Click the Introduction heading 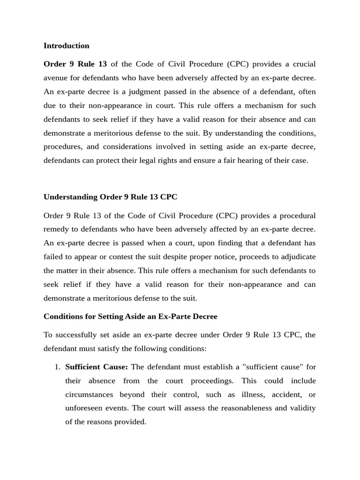pyautogui.click(x=66, y=45)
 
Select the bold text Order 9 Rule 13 pyautogui.click(x=75, y=64)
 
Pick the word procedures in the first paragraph pyautogui.click(x=62, y=147)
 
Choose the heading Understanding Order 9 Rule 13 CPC pyautogui.click(x=110, y=197)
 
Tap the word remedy pyautogui.click(x=56, y=229)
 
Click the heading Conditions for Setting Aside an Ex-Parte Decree pyautogui.click(x=130, y=316)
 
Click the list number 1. pyautogui.click(x=57, y=367)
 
